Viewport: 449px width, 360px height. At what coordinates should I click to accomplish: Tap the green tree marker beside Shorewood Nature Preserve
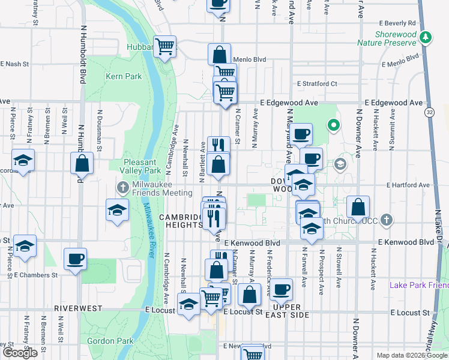click(x=426, y=38)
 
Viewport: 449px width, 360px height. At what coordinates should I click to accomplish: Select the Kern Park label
click(x=124, y=76)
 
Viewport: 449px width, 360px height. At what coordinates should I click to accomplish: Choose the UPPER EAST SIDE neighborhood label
click(x=282, y=315)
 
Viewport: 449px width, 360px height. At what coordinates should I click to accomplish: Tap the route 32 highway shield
click(x=429, y=112)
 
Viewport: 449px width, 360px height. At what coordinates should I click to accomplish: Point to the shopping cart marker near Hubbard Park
click(x=164, y=46)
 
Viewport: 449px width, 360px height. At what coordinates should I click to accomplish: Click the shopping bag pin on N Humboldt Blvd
click(x=82, y=163)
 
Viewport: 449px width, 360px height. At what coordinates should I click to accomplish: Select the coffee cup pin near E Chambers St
click(x=75, y=259)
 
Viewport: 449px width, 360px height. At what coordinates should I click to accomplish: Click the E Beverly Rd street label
click(x=397, y=22)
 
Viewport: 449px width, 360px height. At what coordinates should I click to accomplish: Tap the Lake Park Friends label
click(x=418, y=285)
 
